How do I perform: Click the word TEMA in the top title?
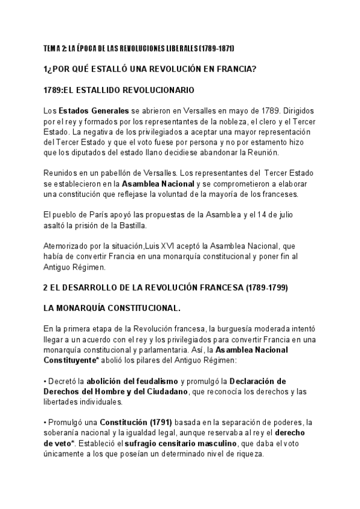pos(51,47)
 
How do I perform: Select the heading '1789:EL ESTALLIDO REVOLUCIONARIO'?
pos(118,91)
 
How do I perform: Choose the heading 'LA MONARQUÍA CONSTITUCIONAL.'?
pos(112,309)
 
